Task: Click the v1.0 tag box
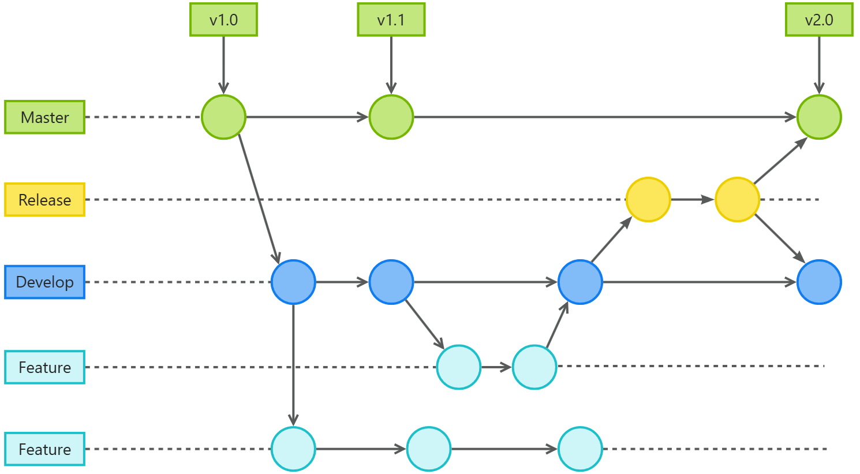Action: click(x=223, y=20)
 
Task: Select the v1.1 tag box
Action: click(x=391, y=20)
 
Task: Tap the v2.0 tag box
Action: click(x=819, y=20)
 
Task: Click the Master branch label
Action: click(x=45, y=117)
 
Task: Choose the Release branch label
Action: click(x=45, y=200)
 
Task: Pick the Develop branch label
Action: click(x=45, y=282)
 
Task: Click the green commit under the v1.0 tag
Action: click(x=223, y=117)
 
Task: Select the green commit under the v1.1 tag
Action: click(x=391, y=117)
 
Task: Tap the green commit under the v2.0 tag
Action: click(x=819, y=117)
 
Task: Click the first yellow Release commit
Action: click(x=648, y=200)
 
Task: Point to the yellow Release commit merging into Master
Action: click(x=737, y=200)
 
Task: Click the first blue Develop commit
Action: click(x=293, y=282)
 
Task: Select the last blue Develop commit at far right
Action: click(x=819, y=282)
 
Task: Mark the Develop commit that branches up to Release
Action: click(x=580, y=282)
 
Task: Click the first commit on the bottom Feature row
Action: click(x=293, y=449)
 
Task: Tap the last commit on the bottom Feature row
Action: click(x=580, y=449)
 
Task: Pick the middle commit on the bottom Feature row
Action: click(x=429, y=449)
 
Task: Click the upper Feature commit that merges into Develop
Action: click(x=534, y=367)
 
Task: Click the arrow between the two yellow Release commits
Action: click(x=693, y=200)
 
